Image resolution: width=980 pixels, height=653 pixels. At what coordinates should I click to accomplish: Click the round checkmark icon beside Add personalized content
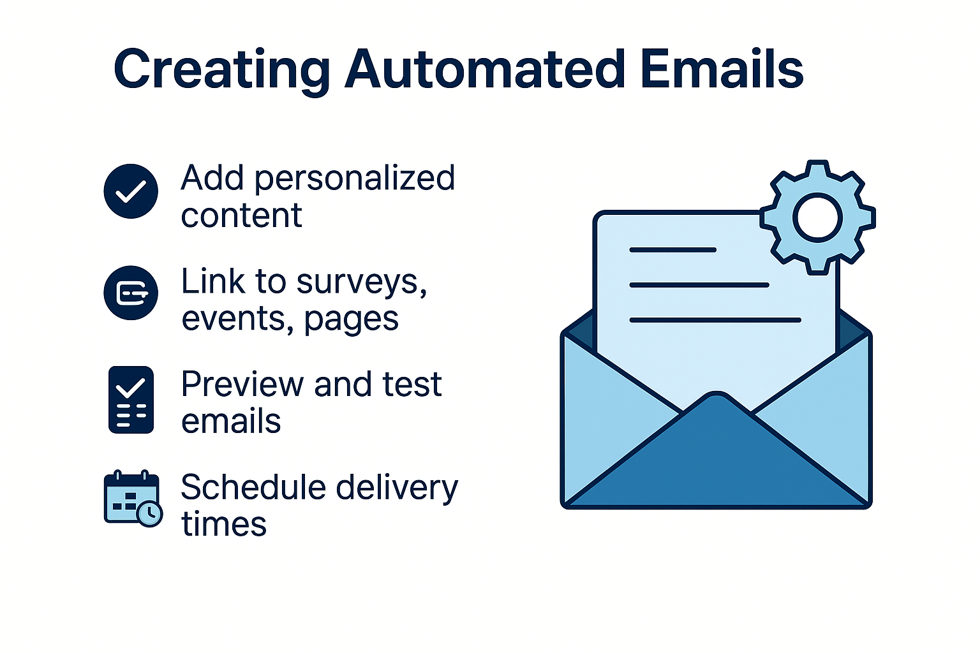click(131, 191)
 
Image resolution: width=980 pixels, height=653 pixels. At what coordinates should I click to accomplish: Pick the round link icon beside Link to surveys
click(131, 293)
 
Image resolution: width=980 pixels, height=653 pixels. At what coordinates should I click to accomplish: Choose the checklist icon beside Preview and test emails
click(131, 400)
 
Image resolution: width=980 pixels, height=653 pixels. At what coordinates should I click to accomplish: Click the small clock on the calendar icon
click(151, 513)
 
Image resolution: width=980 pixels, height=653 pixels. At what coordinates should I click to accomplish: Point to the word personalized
click(355, 179)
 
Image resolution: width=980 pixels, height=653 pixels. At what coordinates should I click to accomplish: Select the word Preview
click(242, 385)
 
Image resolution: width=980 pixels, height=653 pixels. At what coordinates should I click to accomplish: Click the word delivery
click(397, 488)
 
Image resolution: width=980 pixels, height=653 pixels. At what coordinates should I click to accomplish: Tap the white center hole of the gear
click(817, 217)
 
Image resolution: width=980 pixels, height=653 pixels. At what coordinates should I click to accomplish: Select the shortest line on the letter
click(672, 250)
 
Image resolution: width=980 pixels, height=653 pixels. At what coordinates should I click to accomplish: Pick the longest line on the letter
click(715, 320)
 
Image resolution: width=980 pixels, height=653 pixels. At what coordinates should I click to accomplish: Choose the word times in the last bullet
click(224, 525)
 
